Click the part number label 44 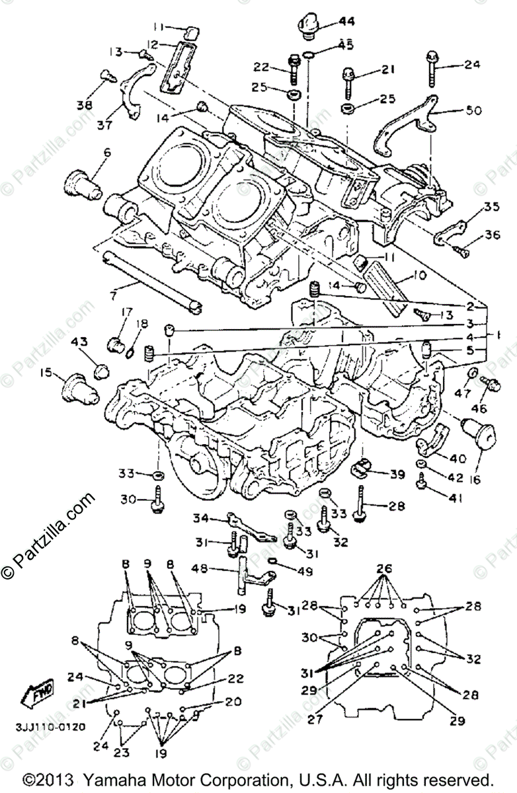(x=347, y=21)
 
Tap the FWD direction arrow (x=38, y=693)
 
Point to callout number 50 (x=473, y=110)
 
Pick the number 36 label (x=493, y=235)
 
